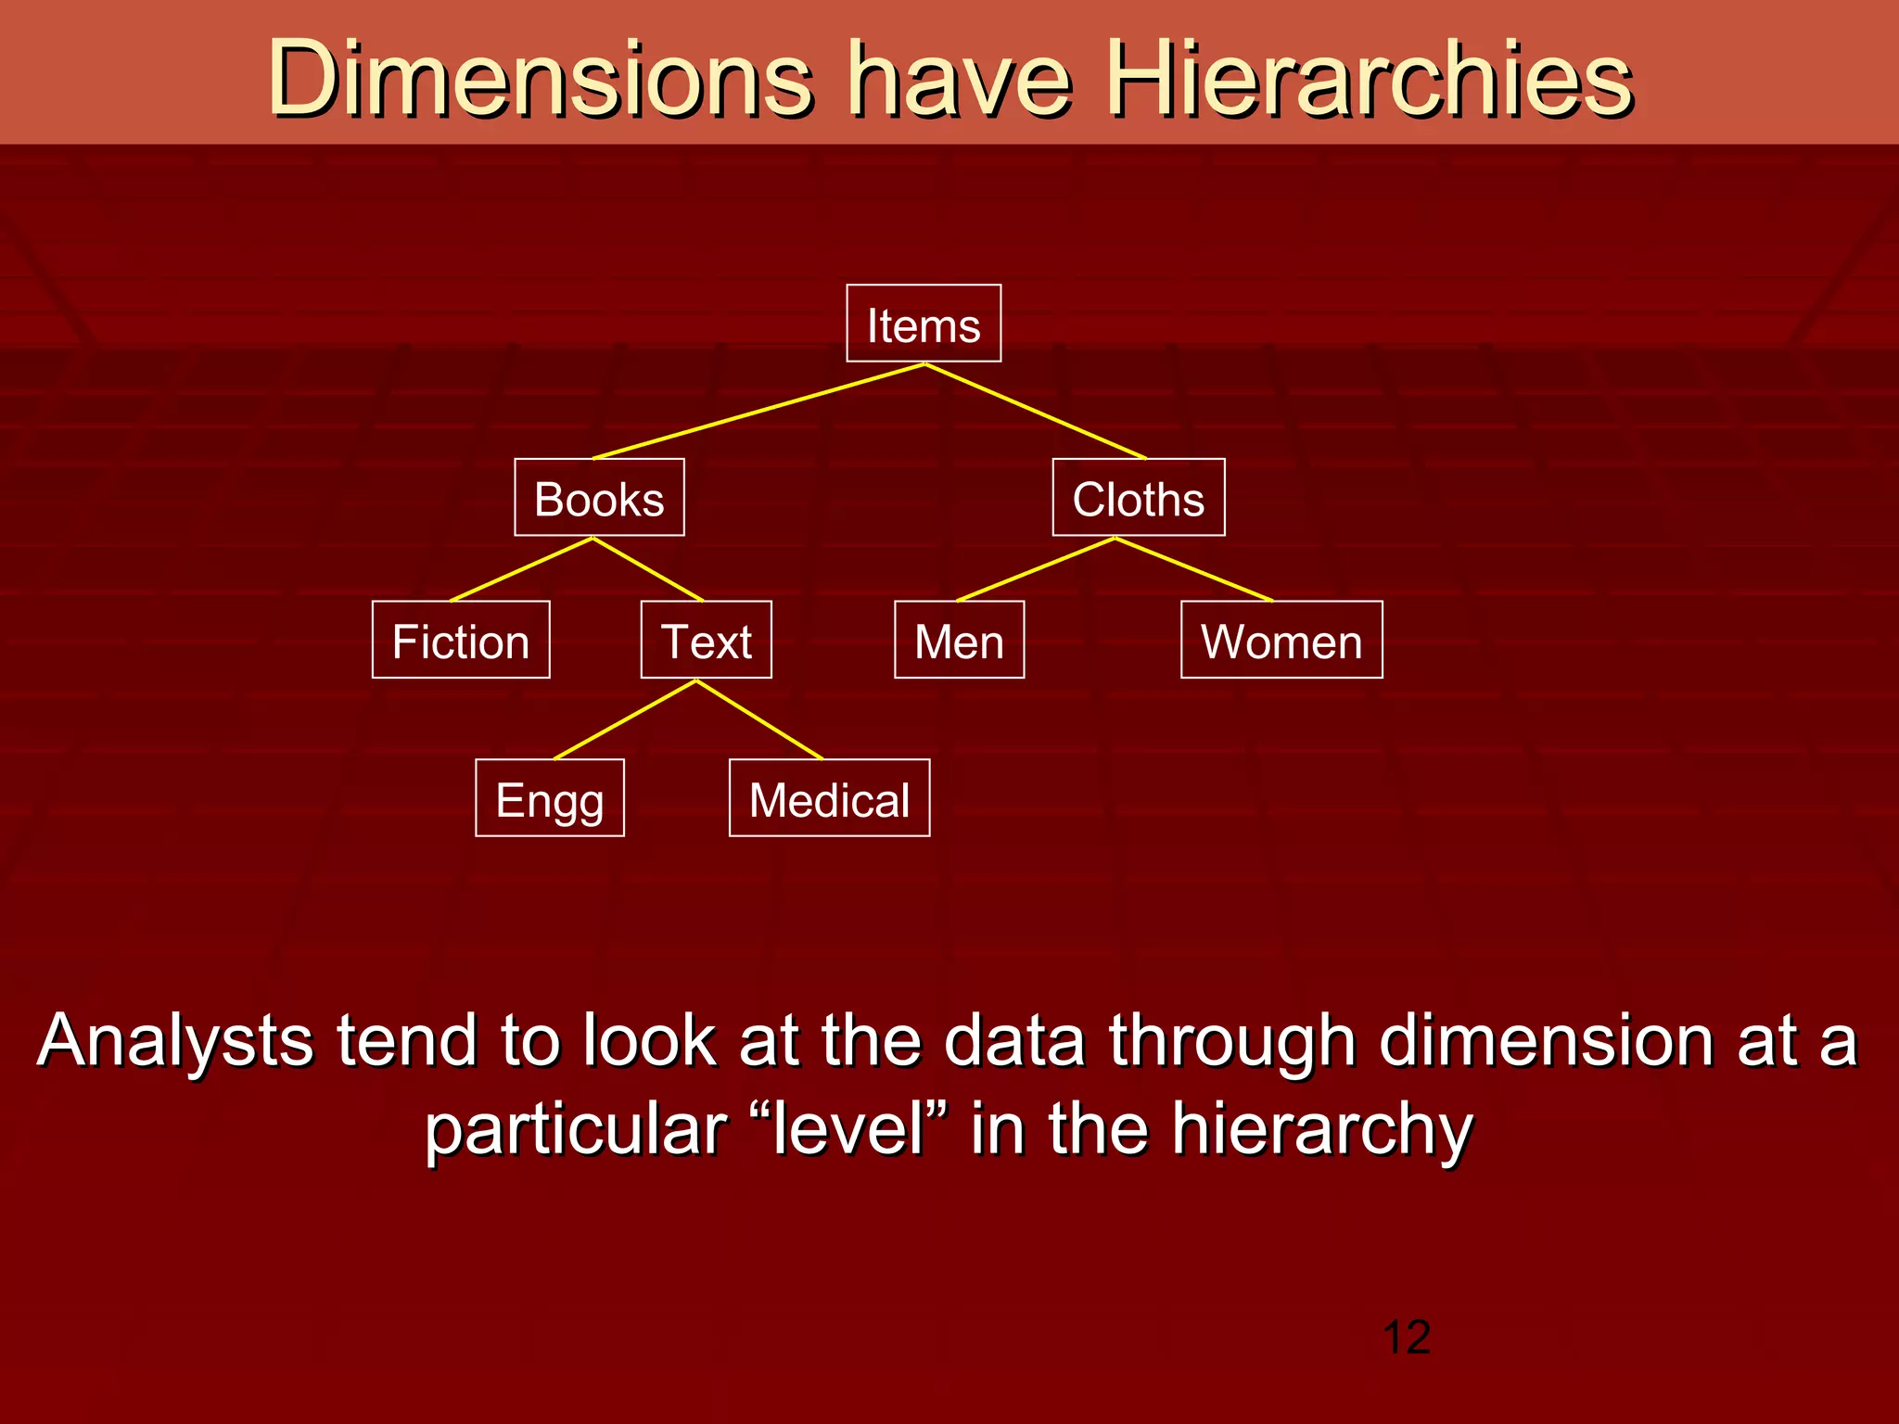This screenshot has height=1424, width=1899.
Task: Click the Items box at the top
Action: point(924,324)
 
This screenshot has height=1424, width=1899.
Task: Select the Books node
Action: point(599,498)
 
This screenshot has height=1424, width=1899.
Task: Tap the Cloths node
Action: point(1138,498)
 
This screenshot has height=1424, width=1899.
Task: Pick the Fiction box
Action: point(461,640)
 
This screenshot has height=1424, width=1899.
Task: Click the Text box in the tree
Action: point(706,640)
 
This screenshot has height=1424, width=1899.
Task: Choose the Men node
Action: point(959,640)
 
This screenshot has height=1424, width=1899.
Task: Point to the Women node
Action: point(1281,640)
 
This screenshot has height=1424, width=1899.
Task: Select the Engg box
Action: point(550,798)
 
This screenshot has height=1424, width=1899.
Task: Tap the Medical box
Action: point(829,798)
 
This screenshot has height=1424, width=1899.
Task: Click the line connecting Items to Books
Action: point(758,411)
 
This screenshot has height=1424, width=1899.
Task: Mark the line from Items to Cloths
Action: point(1035,411)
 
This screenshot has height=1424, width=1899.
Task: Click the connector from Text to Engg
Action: point(625,719)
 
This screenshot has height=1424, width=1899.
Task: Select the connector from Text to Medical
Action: point(759,719)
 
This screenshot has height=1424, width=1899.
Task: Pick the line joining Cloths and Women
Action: point(1194,569)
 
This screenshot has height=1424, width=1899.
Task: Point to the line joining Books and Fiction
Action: point(521,569)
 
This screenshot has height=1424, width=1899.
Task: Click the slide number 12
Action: point(1406,1338)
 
